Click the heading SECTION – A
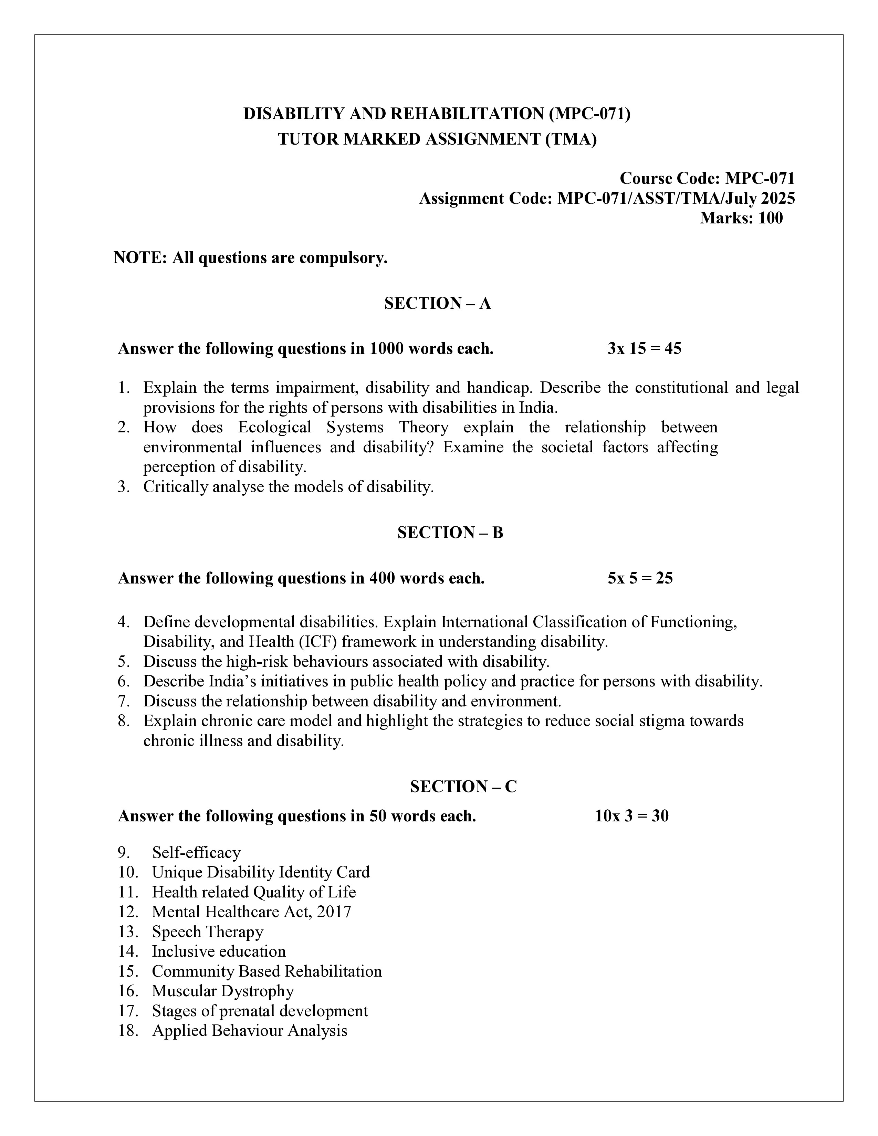[x=437, y=303]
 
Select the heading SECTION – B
[x=450, y=533]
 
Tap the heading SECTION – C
[x=463, y=787]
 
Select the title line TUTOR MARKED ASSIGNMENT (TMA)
[x=437, y=139]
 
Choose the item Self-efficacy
[x=196, y=853]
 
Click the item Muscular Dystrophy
[x=223, y=991]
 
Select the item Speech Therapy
[x=208, y=932]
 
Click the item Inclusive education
[x=218, y=951]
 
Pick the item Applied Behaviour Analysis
[x=249, y=1030]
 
